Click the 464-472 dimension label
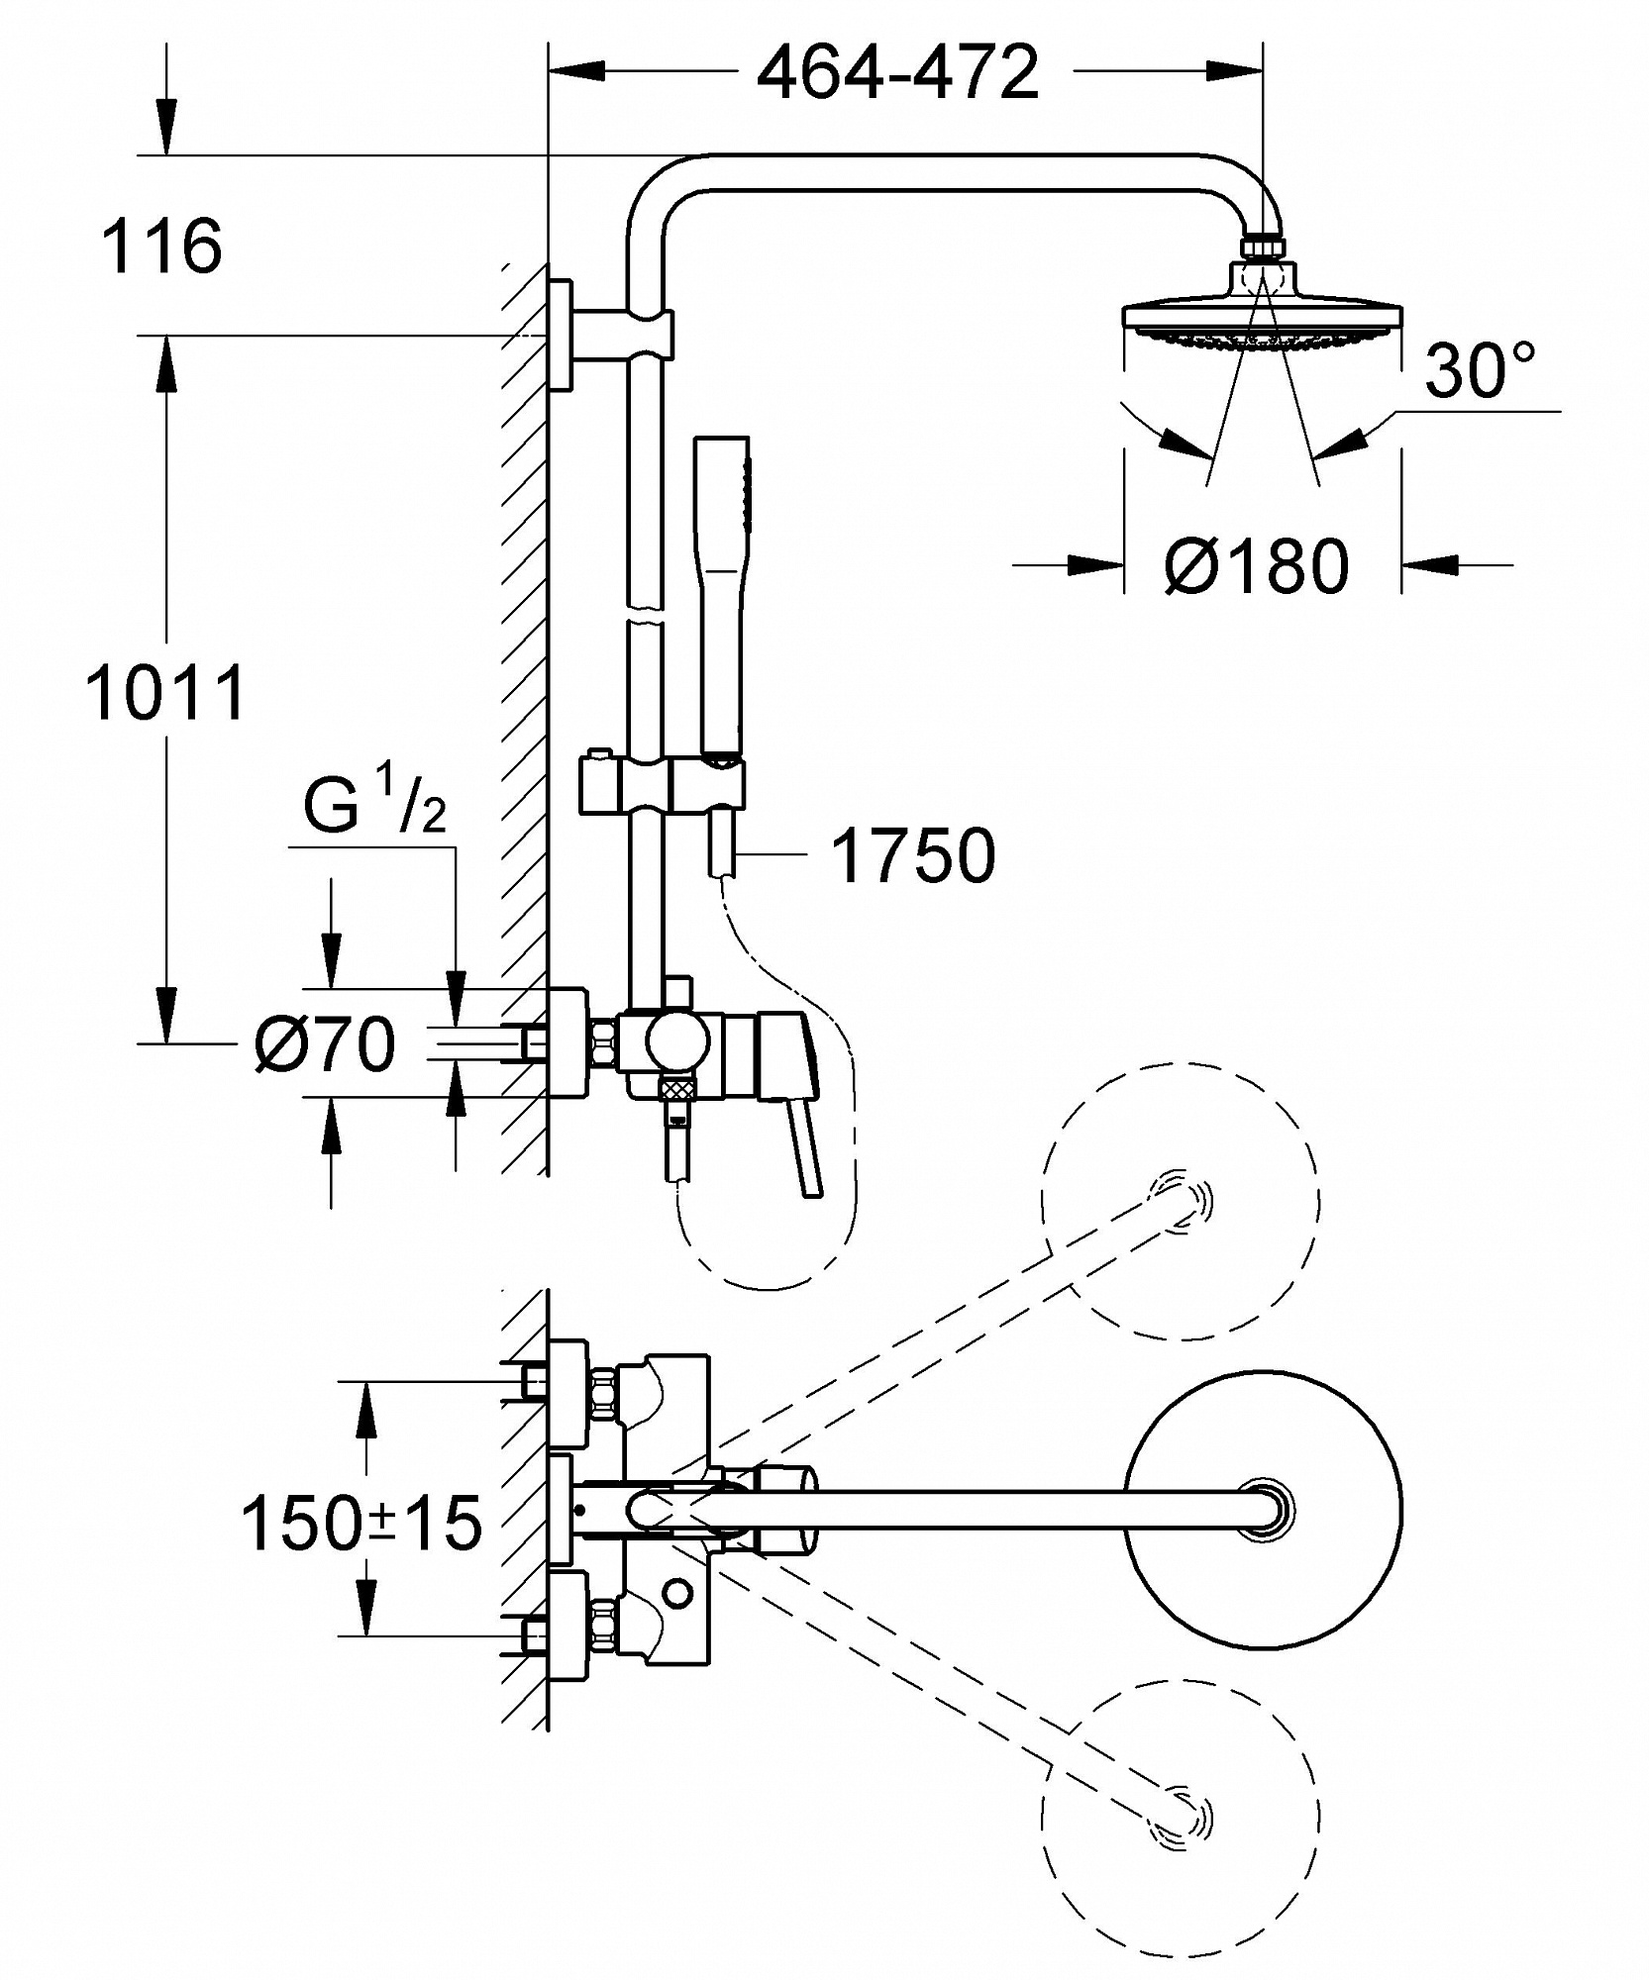click(x=897, y=71)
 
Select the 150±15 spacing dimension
click(x=361, y=1523)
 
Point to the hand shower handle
click(x=723, y=594)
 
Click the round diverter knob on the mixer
click(x=676, y=1042)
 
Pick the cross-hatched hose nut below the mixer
click(x=677, y=1090)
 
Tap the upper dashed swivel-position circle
click(x=1181, y=1202)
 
